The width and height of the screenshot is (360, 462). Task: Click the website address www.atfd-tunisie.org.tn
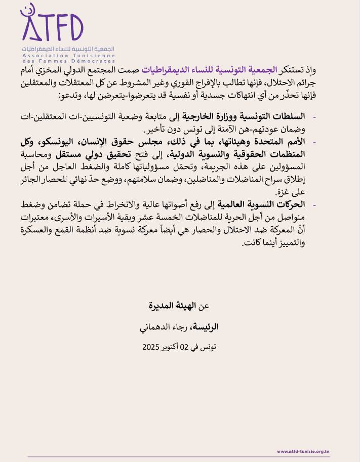point(304,451)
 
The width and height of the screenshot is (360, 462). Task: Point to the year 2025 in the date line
point(150,348)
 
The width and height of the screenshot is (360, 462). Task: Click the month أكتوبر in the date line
point(173,348)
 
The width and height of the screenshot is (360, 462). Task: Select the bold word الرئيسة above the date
point(206,327)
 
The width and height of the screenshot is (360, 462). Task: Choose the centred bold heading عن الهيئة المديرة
point(180,306)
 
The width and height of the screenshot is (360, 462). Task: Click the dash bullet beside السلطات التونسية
point(314,118)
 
